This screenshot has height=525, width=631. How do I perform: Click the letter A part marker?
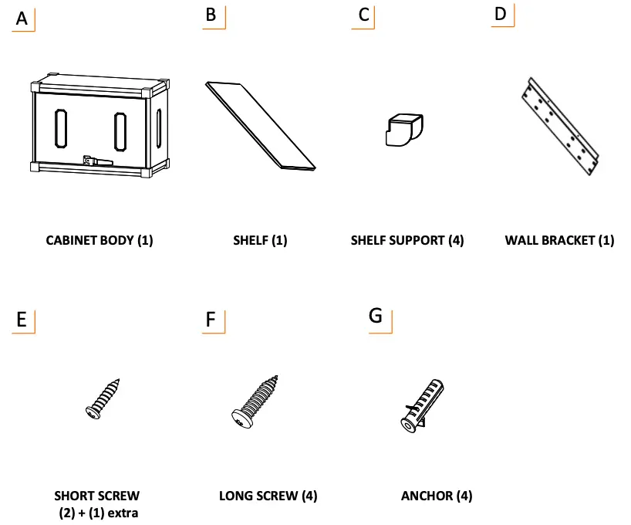pos(22,19)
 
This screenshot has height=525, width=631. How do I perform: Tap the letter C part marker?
pos(363,15)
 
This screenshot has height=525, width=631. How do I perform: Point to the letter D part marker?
pos(501,14)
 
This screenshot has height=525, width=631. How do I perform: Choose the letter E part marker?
pos(22,320)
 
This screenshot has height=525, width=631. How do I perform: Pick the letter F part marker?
pos(211,320)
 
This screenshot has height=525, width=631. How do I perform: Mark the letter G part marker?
pos(376,317)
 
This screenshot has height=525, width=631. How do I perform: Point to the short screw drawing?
pos(104,398)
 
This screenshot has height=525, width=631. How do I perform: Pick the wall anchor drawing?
pos(422,404)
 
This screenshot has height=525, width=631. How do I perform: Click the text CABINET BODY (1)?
pos(100,240)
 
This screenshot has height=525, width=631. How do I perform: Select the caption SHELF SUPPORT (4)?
pos(407,240)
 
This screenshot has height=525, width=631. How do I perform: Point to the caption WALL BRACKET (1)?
pos(559,240)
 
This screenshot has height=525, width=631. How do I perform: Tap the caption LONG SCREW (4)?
pos(268,496)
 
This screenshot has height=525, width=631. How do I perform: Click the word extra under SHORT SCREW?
pos(122,513)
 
